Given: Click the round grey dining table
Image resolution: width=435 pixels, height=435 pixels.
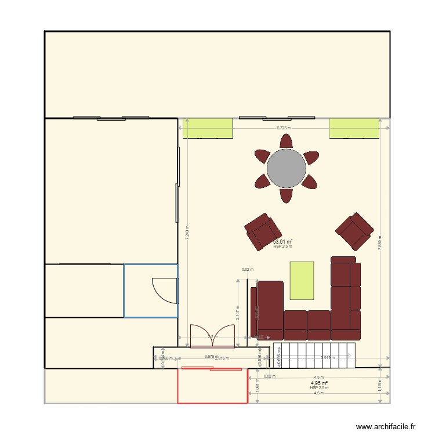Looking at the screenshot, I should [286, 168].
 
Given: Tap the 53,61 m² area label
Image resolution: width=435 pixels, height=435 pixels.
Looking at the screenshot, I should [282, 241].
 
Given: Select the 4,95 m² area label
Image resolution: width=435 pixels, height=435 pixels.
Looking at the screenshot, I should [319, 383].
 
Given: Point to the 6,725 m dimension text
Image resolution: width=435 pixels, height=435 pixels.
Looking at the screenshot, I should [283, 128].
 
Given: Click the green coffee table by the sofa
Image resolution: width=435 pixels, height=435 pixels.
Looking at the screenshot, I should [302, 280].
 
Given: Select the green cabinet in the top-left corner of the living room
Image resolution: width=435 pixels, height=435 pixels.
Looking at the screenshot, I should [208, 128].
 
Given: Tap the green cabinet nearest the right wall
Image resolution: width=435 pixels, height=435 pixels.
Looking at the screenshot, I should [354, 128].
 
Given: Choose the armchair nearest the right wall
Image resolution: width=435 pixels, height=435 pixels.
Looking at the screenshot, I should [354, 230].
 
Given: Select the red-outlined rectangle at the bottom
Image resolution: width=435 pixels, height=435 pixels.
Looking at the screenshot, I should [212, 385].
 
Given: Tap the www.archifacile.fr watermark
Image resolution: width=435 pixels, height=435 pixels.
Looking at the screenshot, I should [386, 426].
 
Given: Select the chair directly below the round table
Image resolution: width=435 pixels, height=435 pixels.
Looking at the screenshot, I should [286, 195].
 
